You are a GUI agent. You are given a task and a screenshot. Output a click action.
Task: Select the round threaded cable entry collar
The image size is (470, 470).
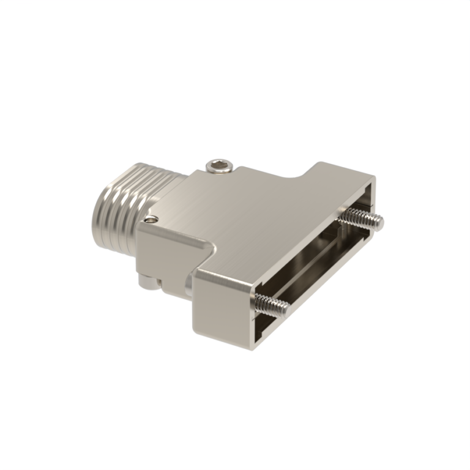click(125, 196)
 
